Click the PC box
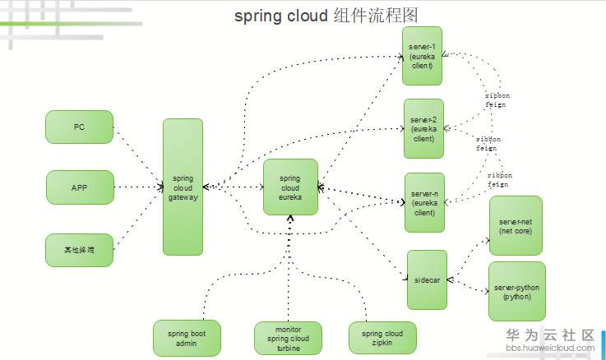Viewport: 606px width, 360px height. [x=79, y=127]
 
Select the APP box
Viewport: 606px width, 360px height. [x=79, y=187]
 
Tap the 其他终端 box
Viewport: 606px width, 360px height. [x=79, y=250]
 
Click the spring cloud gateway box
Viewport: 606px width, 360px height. [x=183, y=187]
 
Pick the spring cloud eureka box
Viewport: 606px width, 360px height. [x=290, y=187]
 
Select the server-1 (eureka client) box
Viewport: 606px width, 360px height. [x=423, y=55]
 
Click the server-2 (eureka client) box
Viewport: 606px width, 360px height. [x=423, y=128]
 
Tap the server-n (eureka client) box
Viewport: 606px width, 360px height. [x=423, y=202]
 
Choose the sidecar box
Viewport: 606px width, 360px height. [x=427, y=280]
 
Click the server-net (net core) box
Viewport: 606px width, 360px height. [x=516, y=225]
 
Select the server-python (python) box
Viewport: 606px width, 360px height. [x=516, y=292]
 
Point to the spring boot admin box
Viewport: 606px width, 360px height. [x=187, y=338]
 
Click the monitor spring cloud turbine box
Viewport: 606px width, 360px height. [x=288, y=339]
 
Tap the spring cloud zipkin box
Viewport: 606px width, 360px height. [x=382, y=338]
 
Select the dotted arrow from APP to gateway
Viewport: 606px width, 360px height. [x=136, y=187]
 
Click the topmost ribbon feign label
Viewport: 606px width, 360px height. [x=496, y=99]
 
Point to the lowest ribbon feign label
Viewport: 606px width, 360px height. [x=498, y=180]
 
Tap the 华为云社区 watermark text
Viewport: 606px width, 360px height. [x=549, y=335]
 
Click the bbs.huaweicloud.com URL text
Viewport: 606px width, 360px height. [x=549, y=348]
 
